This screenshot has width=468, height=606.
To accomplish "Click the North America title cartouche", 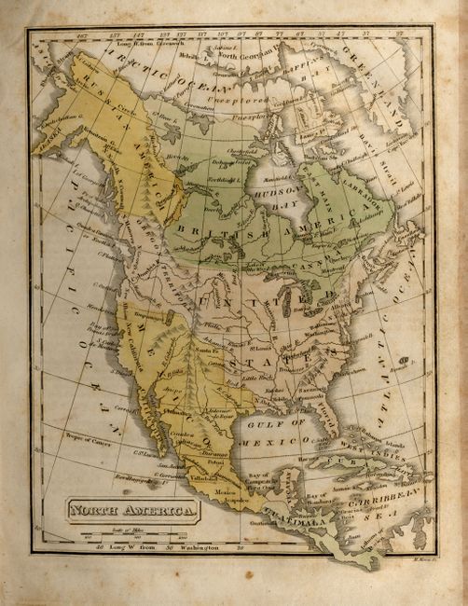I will (x=131, y=510).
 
